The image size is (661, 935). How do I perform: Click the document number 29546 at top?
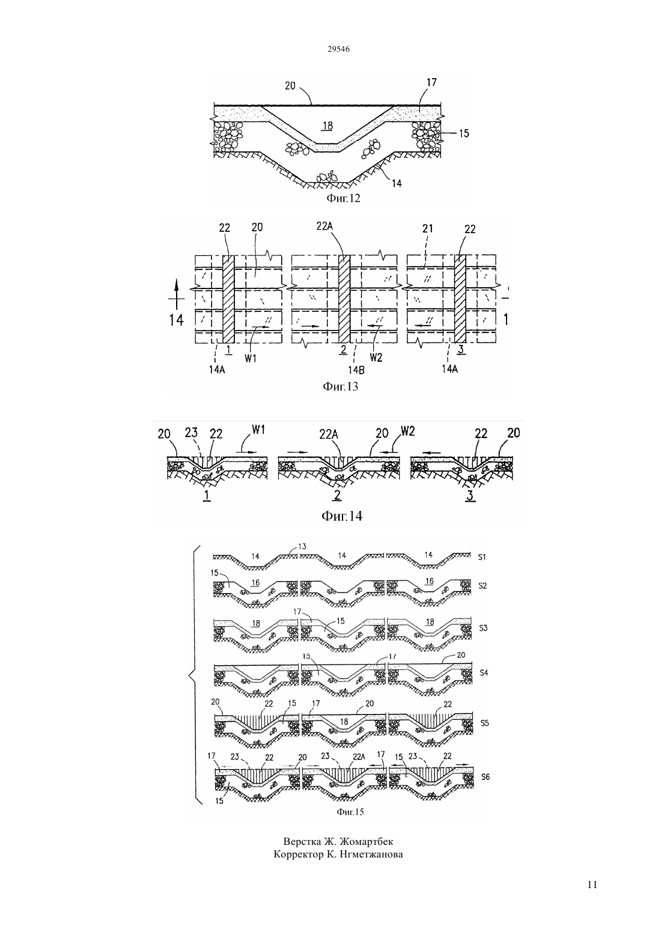click(x=338, y=49)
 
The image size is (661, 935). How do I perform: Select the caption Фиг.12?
click(x=343, y=198)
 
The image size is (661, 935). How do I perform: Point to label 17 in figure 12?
click(x=431, y=82)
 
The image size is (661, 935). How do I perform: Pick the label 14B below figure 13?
click(x=356, y=369)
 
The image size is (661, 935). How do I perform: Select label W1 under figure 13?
click(x=251, y=358)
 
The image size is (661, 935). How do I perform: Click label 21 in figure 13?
click(x=428, y=228)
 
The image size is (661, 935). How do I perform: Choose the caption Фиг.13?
click(x=340, y=386)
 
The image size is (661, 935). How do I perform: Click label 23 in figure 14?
click(x=191, y=433)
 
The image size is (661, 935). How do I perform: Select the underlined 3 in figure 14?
click(x=470, y=496)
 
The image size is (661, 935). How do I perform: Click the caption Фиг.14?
click(x=342, y=516)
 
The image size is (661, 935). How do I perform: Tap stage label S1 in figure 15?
click(x=482, y=557)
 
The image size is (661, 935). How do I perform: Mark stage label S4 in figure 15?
click(x=484, y=672)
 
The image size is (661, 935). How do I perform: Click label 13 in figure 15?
click(x=302, y=546)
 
